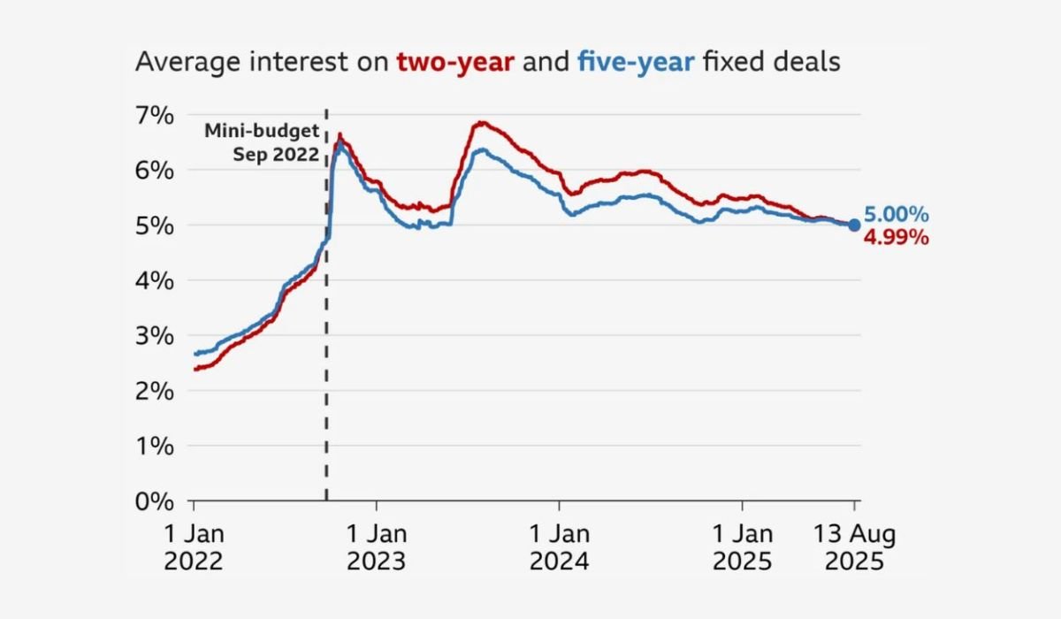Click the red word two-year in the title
coord(455,63)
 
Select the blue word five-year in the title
coord(636,63)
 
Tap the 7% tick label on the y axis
coord(155,116)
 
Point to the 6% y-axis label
coord(155,171)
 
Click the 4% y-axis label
coord(155,281)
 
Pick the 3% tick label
coord(155,336)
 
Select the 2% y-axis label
coord(155,391)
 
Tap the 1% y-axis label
coord(155,447)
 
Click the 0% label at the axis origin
coord(155,501)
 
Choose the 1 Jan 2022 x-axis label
coord(194,547)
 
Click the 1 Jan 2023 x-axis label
coord(377,547)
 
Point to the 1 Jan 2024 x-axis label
coord(560,547)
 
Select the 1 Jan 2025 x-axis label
coord(742,547)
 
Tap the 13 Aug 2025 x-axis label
coord(854,547)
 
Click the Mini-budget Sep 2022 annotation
coord(262,143)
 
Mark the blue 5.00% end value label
coord(897,215)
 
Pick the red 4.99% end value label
coord(897,237)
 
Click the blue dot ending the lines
coord(854,225)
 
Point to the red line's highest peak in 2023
coord(481,123)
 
